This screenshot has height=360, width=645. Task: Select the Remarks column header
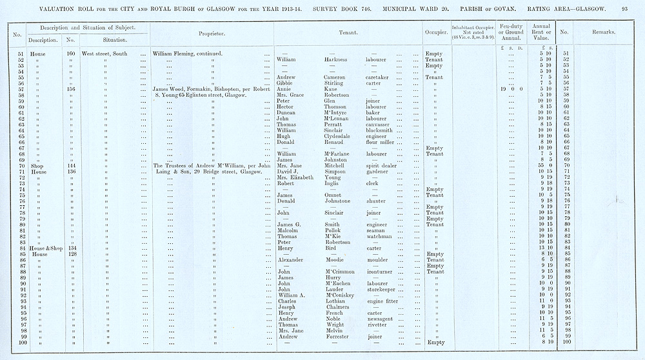point(603,32)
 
